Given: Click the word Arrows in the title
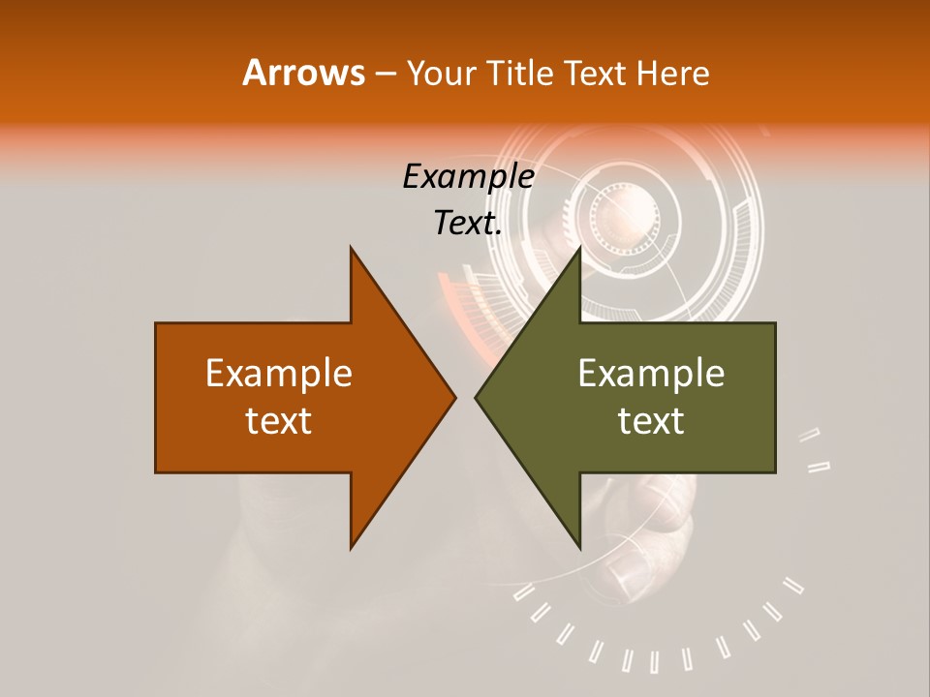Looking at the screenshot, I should [x=303, y=73].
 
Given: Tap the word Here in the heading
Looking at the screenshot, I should [x=672, y=73].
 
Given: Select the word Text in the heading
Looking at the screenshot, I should [x=596, y=73].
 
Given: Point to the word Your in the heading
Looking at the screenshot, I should [x=442, y=73].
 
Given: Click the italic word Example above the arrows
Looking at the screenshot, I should [x=468, y=177].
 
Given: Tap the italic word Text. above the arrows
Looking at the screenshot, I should [x=468, y=224].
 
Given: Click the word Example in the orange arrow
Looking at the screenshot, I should [x=279, y=374].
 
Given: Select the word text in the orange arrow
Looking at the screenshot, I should [x=279, y=421].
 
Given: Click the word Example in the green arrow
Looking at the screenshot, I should [x=651, y=374].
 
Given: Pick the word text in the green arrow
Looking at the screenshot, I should [x=651, y=421].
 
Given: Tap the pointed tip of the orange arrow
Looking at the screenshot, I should [x=455, y=398].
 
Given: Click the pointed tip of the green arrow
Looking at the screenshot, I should [x=476, y=398].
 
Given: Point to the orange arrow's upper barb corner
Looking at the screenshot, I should [x=351, y=248].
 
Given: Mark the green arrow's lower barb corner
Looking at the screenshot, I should [x=579, y=548].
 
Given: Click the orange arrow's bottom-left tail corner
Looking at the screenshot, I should [x=156, y=472].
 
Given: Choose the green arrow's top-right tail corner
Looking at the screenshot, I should [x=775, y=323].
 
